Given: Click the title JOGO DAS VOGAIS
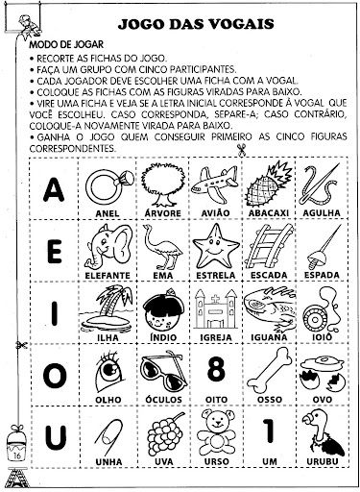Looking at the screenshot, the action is coord(196,24).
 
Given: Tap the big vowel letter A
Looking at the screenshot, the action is coord(54,189).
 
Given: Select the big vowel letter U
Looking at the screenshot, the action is coord(56,437).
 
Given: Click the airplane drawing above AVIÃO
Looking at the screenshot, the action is coord(215,184).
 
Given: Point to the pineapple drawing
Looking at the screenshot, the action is coord(269,184).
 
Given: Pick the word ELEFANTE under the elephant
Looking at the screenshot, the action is coord(108,276).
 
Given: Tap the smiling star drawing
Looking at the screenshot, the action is coord(216,247).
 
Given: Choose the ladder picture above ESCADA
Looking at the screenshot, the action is coord(269,246).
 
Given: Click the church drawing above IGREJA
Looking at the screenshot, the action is coord(216,308).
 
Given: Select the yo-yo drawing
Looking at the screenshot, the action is coord(321,310).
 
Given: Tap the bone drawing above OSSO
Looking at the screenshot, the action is coord(270,370).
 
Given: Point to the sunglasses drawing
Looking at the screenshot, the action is coord(161,371).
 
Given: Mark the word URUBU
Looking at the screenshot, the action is coord(323,461).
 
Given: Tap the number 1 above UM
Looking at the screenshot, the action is coord(269,431).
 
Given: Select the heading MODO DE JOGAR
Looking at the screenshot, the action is coord(66,44).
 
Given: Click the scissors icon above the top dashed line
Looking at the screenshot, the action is coord(241,151).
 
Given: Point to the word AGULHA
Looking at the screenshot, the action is coord(322,212).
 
